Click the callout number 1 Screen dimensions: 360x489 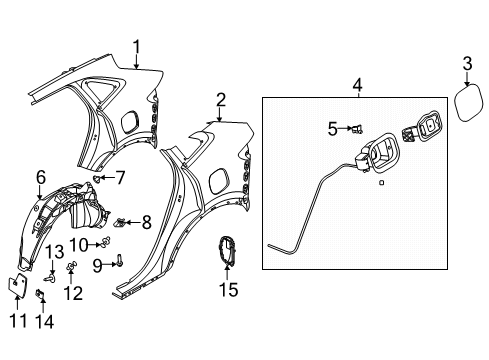(x=138, y=45)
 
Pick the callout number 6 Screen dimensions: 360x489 (x=41, y=177)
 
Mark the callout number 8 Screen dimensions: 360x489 (x=146, y=220)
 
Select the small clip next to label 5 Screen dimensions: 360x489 (x=355, y=128)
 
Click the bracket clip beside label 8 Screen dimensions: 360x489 (x=124, y=220)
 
